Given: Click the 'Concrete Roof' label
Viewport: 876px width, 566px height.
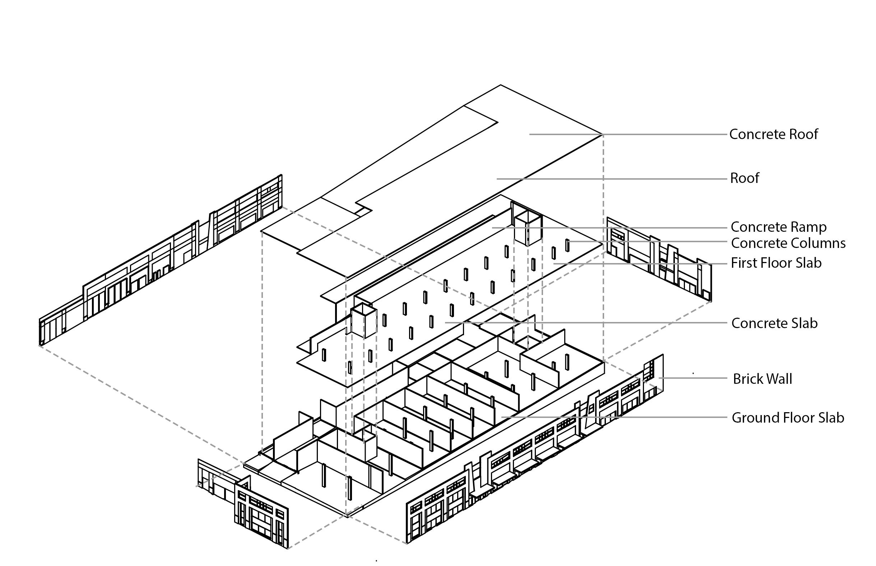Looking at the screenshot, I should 773,134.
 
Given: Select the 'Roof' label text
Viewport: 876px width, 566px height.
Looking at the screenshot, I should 744,178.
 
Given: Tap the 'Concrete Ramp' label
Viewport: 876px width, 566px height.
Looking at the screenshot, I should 778,227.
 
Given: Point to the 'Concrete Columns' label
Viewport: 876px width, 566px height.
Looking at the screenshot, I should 788,243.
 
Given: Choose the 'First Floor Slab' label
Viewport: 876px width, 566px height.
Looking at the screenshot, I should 776,263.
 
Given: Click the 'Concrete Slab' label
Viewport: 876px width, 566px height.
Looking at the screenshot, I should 774,323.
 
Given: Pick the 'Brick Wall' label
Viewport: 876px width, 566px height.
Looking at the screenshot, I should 762,378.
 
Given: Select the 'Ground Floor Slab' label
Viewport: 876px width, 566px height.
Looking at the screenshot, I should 788,418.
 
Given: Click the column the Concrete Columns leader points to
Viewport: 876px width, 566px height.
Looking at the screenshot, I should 567,245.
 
